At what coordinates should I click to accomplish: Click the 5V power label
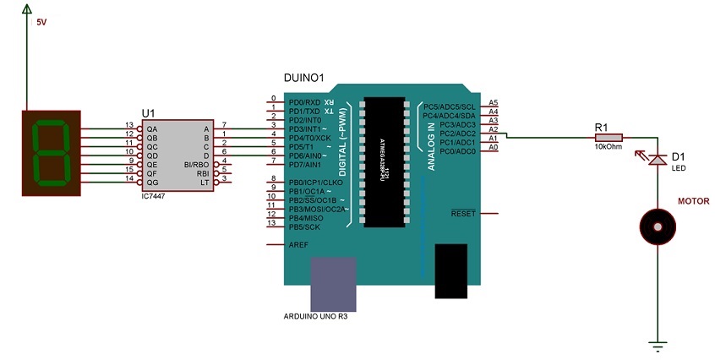[42, 24]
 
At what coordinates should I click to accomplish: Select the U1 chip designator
[149, 112]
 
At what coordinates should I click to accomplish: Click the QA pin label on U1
[152, 128]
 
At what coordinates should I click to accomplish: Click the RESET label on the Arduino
[463, 214]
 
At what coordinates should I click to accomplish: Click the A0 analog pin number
[494, 148]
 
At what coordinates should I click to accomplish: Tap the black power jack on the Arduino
[450, 271]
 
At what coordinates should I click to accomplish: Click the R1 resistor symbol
[609, 136]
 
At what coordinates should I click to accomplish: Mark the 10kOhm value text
[609, 146]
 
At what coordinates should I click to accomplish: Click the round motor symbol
[657, 225]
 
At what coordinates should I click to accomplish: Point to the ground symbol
[658, 345]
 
